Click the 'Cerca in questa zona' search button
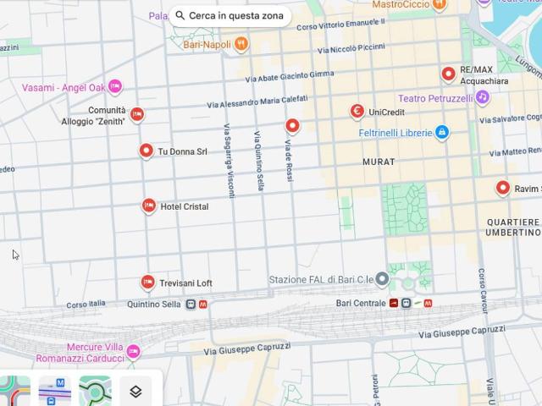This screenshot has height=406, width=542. pyautogui.click(x=230, y=16)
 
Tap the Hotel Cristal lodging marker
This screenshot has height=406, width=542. pyautogui.click(x=149, y=206)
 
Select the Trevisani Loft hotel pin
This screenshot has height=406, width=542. pyautogui.click(x=148, y=282)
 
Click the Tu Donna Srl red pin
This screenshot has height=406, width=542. pyautogui.click(x=146, y=151)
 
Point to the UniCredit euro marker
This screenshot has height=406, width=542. pyautogui.click(x=357, y=111)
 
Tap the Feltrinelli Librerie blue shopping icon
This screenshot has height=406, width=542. pyautogui.click(x=441, y=132)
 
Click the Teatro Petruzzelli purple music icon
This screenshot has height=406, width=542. pyautogui.click(x=482, y=98)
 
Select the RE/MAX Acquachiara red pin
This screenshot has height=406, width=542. pyautogui.click(x=448, y=74)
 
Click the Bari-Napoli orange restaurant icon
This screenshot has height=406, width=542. pyautogui.click(x=241, y=44)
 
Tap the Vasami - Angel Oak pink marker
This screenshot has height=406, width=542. pyautogui.click(x=115, y=86)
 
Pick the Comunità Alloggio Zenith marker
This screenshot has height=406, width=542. pyautogui.click(x=136, y=114)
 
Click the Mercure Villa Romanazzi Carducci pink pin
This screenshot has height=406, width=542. pyautogui.click(x=133, y=352)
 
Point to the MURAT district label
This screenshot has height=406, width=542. pyautogui.click(x=379, y=161)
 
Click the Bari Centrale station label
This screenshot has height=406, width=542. pyautogui.click(x=360, y=303)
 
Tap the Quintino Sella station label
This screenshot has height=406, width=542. pyautogui.click(x=154, y=304)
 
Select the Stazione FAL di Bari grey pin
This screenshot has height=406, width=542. pyautogui.click(x=382, y=279)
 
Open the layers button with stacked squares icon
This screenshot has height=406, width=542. pyautogui.click(x=135, y=391)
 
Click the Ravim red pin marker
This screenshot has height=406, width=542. pyautogui.click(x=503, y=188)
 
